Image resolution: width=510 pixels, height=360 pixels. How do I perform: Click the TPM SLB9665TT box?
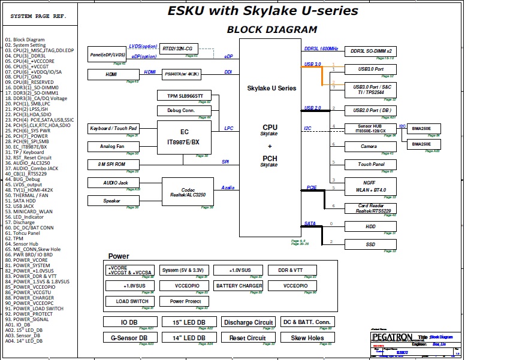click(185, 96)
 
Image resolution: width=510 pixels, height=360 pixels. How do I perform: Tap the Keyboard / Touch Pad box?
click(114, 129)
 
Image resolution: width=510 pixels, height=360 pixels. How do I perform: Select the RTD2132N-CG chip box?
click(177, 48)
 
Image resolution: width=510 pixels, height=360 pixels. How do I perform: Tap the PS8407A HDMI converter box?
click(181, 74)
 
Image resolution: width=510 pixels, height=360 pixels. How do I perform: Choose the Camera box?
click(369, 146)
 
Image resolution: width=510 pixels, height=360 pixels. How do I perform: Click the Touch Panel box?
click(370, 164)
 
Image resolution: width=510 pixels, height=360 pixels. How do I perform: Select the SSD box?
click(370, 244)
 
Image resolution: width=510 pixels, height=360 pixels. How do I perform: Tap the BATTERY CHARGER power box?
click(239, 286)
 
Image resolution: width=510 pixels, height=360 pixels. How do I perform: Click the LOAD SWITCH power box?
click(132, 301)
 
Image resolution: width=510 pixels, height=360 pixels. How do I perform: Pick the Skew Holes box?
click(307, 338)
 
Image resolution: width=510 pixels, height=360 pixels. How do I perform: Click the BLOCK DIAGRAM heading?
click(271, 29)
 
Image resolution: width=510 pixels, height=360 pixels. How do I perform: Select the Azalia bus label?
click(228, 187)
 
